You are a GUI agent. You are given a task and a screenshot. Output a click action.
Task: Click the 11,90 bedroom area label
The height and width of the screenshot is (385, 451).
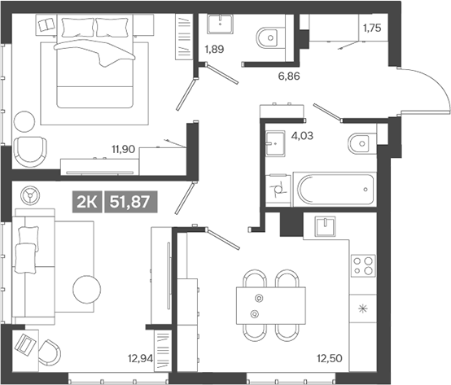click(123, 150)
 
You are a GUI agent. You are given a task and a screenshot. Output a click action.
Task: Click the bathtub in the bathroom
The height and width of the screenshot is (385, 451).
click(334, 190)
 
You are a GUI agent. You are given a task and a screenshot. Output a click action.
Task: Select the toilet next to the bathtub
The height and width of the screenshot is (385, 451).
click(359, 144)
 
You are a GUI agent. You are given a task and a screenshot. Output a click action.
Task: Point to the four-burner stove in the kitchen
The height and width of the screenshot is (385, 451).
click(362, 266)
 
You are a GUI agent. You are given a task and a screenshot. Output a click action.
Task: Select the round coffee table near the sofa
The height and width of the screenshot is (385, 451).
click(84, 289)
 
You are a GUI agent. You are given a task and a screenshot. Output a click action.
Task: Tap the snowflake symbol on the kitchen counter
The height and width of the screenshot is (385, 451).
click(363, 309)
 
